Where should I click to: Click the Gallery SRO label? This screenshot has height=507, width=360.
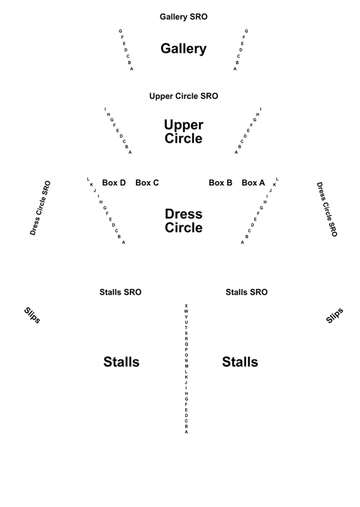coord(184,16)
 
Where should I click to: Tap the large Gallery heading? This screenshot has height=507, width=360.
coord(184,49)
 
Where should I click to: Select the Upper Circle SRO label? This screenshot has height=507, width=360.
coord(184,96)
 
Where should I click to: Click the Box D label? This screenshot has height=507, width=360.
coord(114,183)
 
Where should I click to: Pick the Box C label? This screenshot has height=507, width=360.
coord(147,183)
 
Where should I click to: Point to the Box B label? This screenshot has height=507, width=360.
coord(221,183)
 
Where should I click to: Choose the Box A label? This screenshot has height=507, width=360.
coord(253,183)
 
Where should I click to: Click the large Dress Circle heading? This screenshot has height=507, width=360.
coord(184,221)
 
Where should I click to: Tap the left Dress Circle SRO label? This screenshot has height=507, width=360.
coord(40,208)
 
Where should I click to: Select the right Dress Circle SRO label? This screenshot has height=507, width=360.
coord(327,209)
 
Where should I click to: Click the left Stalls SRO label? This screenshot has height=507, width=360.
coord(121,292)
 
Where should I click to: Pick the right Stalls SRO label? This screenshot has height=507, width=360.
coord(247,292)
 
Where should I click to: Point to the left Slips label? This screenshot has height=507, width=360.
coord(32,315)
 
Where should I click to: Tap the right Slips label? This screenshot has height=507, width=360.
coord(335,315)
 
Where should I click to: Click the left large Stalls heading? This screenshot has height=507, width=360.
coord(121,362)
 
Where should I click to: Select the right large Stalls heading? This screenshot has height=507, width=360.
coord(240,362)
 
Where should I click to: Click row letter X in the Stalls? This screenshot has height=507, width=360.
coord(186,306)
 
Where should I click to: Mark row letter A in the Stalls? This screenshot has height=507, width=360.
coord(187,432)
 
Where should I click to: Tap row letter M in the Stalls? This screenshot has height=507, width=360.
coord(187,366)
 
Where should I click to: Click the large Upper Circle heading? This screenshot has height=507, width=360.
coord(184,132)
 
